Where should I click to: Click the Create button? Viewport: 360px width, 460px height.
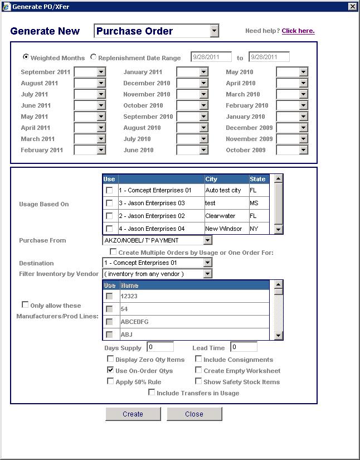click(x=133, y=414)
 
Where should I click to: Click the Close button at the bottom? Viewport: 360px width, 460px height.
click(x=194, y=414)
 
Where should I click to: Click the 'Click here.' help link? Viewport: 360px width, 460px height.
click(x=298, y=31)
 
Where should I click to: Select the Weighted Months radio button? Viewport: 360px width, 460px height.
click(x=26, y=57)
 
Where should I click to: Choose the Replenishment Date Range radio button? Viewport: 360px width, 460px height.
click(x=93, y=57)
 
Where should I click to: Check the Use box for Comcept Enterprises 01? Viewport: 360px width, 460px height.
click(x=109, y=190)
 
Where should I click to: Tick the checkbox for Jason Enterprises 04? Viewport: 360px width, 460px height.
click(x=109, y=229)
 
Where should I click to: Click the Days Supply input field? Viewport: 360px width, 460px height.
click(x=160, y=347)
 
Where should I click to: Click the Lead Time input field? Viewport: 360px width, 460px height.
click(x=244, y=347)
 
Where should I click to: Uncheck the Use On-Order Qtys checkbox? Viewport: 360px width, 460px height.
click(x=110, y=370)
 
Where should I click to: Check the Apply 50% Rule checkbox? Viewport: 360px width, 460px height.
click(x=110, y=381)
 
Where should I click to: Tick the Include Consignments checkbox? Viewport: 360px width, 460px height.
click(x=198, y=359)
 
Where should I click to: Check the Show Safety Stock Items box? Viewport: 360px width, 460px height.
click(x=198, y=381)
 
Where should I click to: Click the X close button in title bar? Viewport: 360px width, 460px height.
click(x=352, y=6)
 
